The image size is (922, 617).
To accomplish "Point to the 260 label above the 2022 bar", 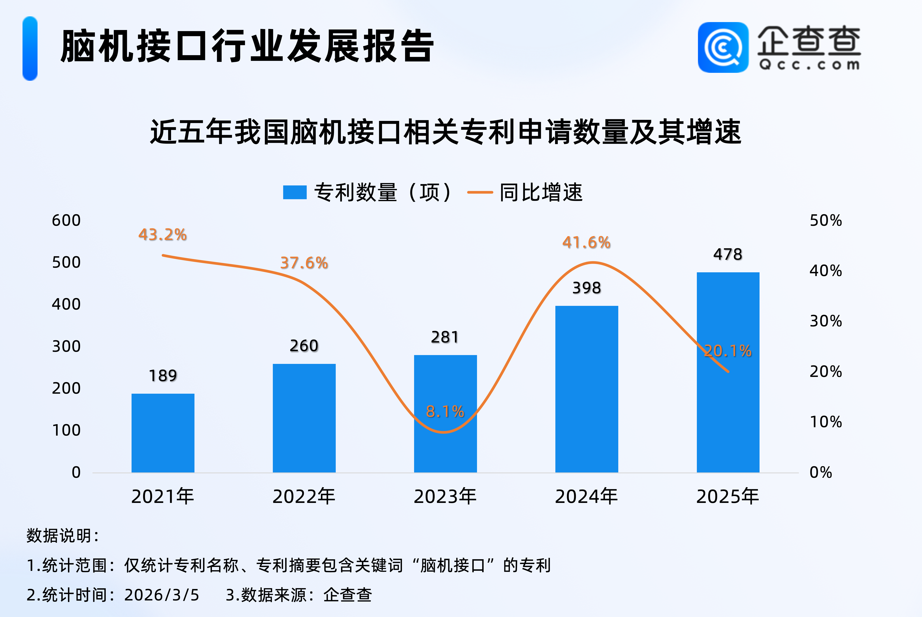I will click(x=304, y=346).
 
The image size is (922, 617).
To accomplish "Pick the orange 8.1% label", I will click(x=445, y=412).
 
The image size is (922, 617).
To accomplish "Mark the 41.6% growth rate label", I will click(x=586, y=242).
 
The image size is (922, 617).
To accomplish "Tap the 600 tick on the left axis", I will click(x=66, y=220).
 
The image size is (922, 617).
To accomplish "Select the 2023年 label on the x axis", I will click(x=445, y=496).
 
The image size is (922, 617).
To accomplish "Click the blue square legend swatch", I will click(x=295, y=192).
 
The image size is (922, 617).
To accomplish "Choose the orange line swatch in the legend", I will click(x=480, y=192).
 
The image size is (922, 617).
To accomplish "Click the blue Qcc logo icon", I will click(x=723, y=47).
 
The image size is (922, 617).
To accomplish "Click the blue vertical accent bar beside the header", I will click(x=30, y=48).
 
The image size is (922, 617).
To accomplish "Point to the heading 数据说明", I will click(x=62, y=536).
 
